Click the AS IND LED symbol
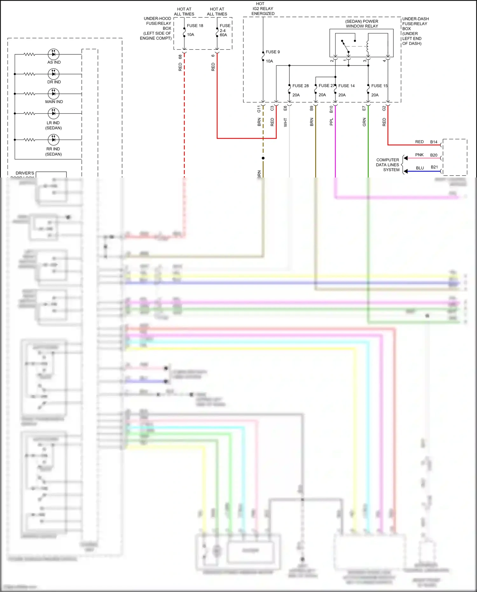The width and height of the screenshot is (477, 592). tap(53, 54)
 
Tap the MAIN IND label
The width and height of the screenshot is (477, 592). tap(54, 102)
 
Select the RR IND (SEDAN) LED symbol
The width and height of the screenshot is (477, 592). tap(53, 139)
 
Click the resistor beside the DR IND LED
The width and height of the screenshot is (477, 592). tap(29, 74)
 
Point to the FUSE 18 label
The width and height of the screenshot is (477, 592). tap(195, 26)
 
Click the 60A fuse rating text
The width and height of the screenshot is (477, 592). tap(223, 35)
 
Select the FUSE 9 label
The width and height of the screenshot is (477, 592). tap(273, 52)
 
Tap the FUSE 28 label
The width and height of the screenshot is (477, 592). tap(300, 86)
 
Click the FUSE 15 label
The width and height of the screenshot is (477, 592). tap(379, 86)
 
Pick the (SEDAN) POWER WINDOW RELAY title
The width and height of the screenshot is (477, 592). tap(362, 24)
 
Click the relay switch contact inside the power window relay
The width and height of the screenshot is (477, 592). tap(345, 46)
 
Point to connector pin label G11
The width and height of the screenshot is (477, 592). tap(259, 109)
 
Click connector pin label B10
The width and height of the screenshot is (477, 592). tap(331, 109)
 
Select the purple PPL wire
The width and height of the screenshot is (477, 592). tap(335, 143)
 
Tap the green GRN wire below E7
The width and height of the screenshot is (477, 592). tap(368, 143)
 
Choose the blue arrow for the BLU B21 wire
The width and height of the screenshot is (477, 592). tap(406, 171)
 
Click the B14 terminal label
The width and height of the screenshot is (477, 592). tap(434, 142)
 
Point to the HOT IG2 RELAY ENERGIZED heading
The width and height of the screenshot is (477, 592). tap(263, 9)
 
